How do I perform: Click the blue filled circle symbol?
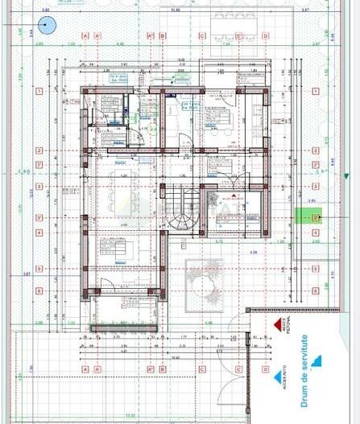[x=47, y=25]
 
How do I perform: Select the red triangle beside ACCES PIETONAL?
[x=278, y=323]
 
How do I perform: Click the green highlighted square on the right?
[x=307, y=215]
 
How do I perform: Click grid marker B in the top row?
[x=162, y=36]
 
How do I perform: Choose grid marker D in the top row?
[x=265, y=36]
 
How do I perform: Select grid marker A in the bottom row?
[x=85, y=369]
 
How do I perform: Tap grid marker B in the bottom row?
[x=162, y=369]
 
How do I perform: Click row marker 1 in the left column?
[x=38, y=92]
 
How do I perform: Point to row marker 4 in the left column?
[x=38, y=234]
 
